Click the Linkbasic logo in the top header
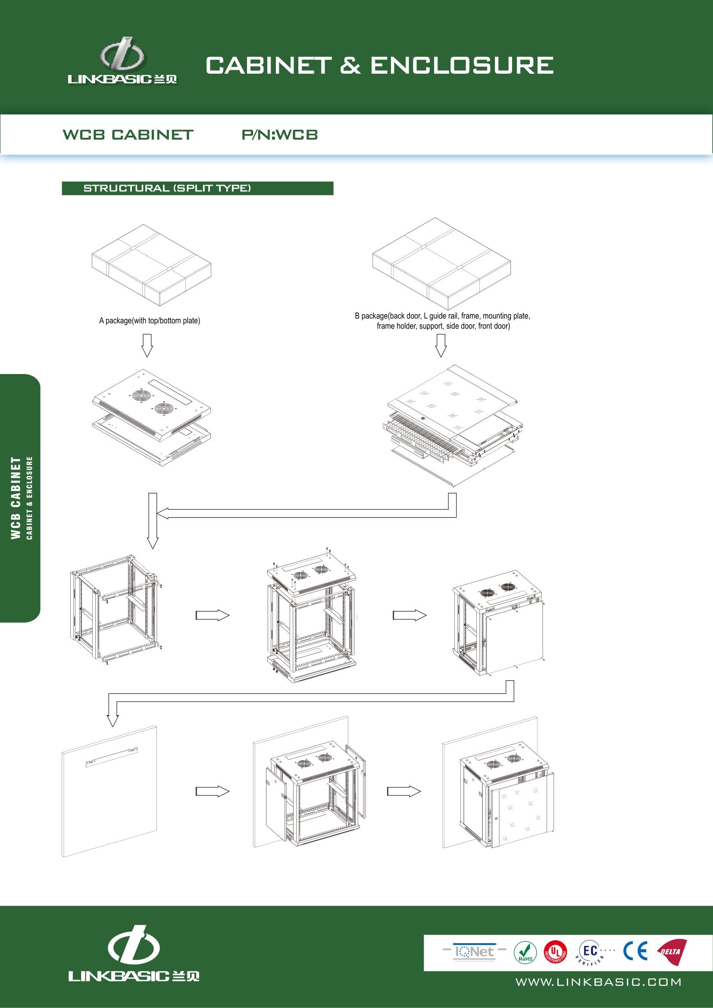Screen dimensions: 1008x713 tap(122, 62)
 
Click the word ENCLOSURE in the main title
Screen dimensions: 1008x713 tap(461, 66)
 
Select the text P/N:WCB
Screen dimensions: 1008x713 tap(280, 135)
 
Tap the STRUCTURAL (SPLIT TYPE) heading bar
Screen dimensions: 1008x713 tap(197, 188)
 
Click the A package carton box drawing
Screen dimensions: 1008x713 tap(151, 265)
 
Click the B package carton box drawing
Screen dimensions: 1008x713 tap(441, 264)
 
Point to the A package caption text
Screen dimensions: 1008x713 tap(149, 321)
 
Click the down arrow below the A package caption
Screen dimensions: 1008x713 tap(147, 345)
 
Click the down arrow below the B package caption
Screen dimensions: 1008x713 tap(441, 345)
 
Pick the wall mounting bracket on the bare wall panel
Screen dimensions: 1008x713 tap(111, 756)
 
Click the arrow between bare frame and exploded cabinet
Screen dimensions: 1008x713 tap(213, 615)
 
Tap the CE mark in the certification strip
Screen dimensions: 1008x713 tap(635, 951)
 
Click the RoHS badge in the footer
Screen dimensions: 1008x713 tap(525, 953)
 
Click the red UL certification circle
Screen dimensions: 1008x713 tap(555, 952)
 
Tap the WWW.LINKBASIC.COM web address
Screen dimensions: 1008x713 tap(598, 982)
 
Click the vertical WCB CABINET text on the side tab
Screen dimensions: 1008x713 tap(16, 498)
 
